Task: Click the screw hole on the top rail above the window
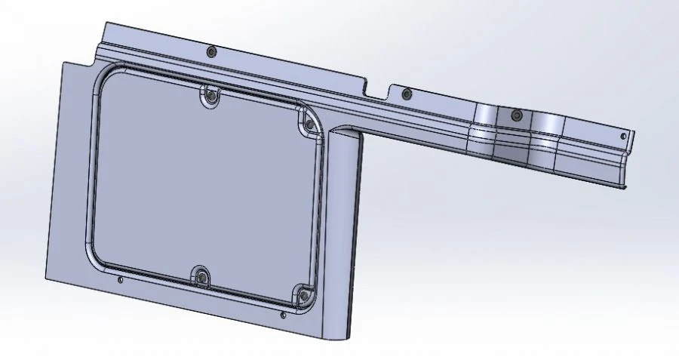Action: point(211,51)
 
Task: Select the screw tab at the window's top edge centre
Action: point(210,96)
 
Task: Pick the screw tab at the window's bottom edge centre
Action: point(202,278)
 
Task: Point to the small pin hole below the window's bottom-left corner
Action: point(121,280)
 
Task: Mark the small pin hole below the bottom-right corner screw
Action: point(282,315)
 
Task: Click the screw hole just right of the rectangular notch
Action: point(407,95)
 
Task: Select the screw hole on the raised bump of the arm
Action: point(516,115)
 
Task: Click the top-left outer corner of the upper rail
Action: point(105,23)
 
